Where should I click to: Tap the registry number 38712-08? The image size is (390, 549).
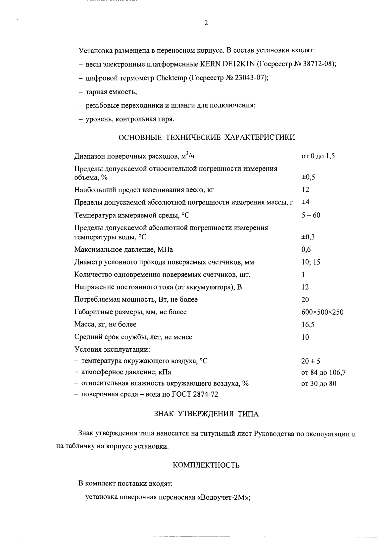click(x=319, y=64)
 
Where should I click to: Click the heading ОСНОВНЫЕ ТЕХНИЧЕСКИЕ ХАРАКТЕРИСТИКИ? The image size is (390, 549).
click(x=207, y=137)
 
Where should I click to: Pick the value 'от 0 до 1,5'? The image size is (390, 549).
click(x=318, y=156)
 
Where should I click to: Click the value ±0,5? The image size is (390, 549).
click(x=308, y=177)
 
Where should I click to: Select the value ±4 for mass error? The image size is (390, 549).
click(x=305, y=202)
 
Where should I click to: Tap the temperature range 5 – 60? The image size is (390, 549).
click(x=311, y=215)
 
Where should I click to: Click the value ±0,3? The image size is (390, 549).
click(x=308, y=237)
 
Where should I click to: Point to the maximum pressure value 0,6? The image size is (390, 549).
click(x=306, y=249)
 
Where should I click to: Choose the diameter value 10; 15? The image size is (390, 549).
click(x=311, y=262)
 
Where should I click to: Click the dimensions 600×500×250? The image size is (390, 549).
click(x=322, y=312)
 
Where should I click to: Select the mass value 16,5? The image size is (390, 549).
click(x=308, y=325)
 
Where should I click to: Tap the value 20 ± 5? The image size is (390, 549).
click(x=311, y=361)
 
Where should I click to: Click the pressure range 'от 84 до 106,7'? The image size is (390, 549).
click(x=323, y=373)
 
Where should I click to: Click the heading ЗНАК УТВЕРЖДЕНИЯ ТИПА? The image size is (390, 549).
click(x=206, y=414)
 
